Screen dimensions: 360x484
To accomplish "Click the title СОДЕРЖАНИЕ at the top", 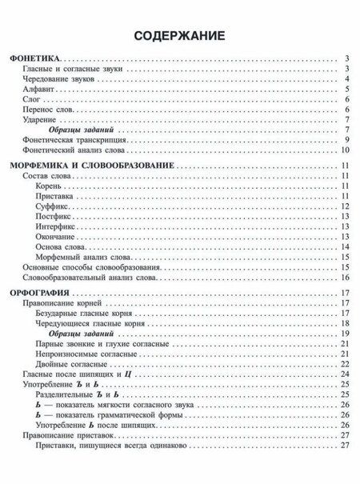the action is coord(179,35).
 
